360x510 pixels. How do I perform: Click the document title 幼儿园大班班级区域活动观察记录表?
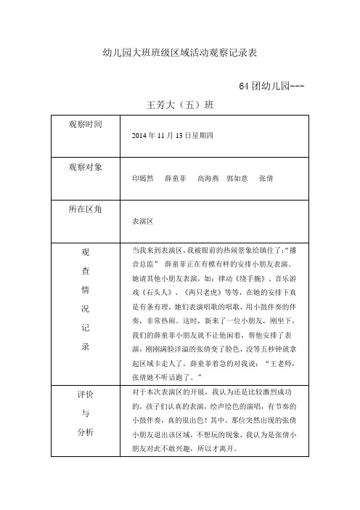[x=181, y=54]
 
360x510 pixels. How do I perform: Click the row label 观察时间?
[x=86, y=125]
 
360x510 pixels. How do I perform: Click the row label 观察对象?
[x=86, y=166]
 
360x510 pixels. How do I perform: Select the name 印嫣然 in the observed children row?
[x=142, y=177]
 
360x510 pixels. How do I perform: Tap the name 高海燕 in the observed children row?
[x=208, y=177]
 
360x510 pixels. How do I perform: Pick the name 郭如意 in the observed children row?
[x=237, y=177]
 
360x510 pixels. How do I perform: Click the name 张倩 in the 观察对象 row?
[x=266, y=177]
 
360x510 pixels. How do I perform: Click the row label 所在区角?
[x=86, y=209]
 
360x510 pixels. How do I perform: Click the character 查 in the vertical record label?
[x=85, y=270]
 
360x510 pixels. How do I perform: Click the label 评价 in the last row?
[x=85, y=394]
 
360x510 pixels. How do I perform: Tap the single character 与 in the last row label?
[x=85, y=413]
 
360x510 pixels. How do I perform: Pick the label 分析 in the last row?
[x=85, y=433]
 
